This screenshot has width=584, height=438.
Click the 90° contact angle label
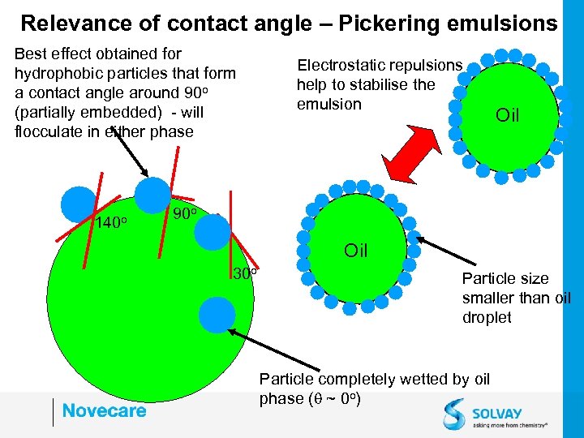[x=187, y=215]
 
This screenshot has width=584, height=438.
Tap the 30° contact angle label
[x=245, y=273]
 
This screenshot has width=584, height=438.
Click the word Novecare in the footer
[x=104, y=410]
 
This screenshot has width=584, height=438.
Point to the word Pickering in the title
[x=395, y=23]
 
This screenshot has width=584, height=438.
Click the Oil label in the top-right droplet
[x=507, y=116]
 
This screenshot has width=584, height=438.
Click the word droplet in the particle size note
[x=487, y=317]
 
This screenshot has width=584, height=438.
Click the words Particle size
[x=505, y=278]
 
